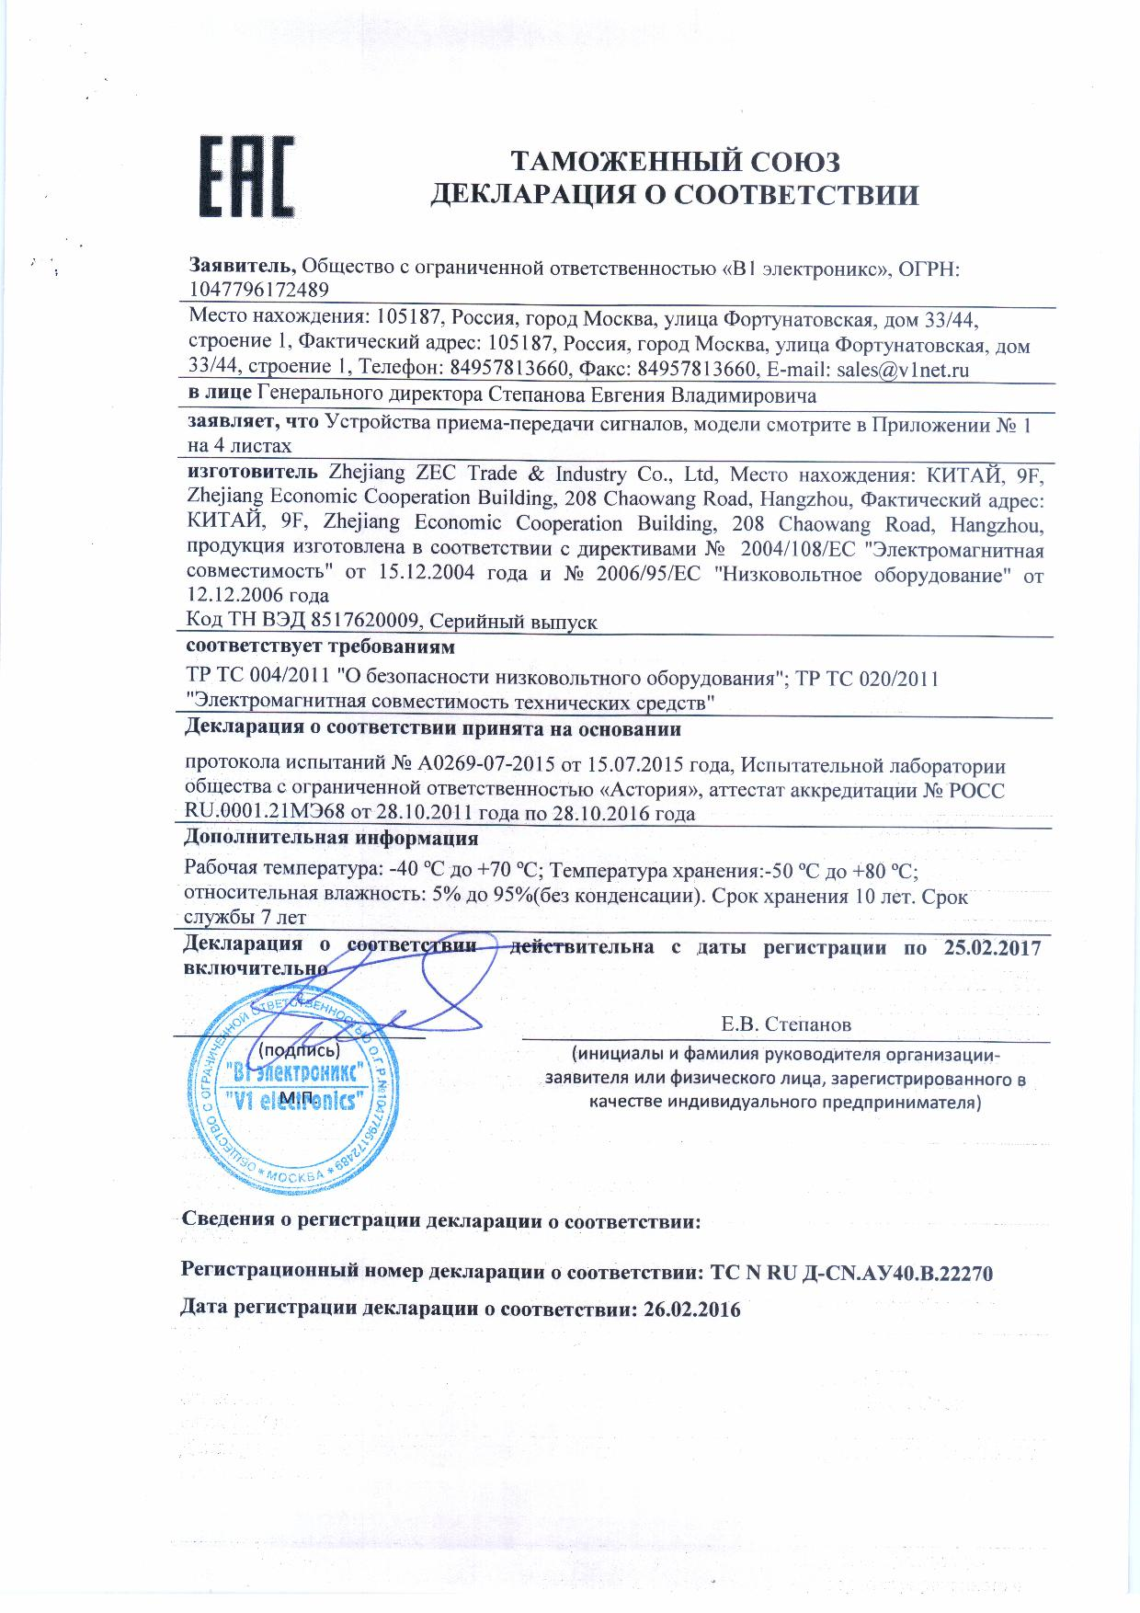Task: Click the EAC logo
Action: point(247,178)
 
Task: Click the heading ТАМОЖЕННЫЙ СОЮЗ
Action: point(676,162)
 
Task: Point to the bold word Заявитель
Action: point(243,266)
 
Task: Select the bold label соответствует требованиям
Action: point(320,647)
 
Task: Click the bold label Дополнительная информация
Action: point(331,838)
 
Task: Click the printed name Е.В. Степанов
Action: point(786,1024)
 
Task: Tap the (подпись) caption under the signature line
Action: point(300,1049)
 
